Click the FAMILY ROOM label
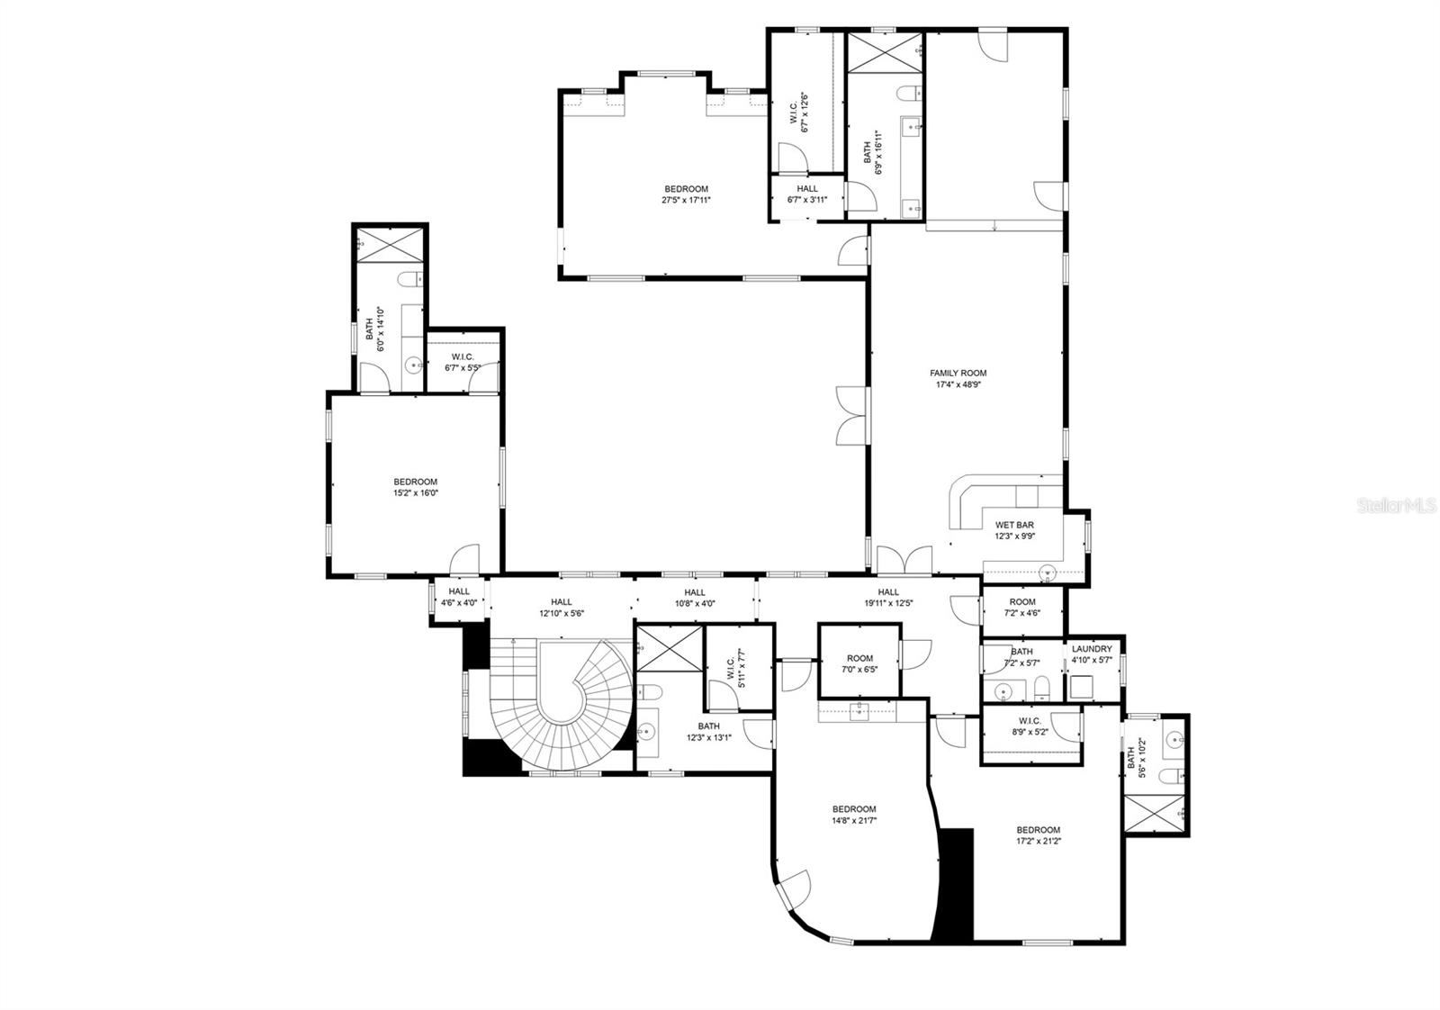coord(958,373)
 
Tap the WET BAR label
coord(1014,525)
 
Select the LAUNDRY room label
coord(1092,649)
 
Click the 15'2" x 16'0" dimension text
coord(415,493)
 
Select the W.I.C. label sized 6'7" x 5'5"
coord(463,356)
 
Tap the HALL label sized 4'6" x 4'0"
coord(459,591)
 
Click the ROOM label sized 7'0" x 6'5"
coord(859,658)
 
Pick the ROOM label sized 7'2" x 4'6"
coord(1021,601)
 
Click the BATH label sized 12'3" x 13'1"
coord(708,726)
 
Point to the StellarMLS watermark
coord(1396,507)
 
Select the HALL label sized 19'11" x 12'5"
coord(888,591)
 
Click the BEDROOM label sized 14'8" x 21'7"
coord(853,808)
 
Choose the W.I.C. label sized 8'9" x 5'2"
coord(1030,720)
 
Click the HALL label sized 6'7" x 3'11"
coord(807,189)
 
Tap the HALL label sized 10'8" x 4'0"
coord(694,592)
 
